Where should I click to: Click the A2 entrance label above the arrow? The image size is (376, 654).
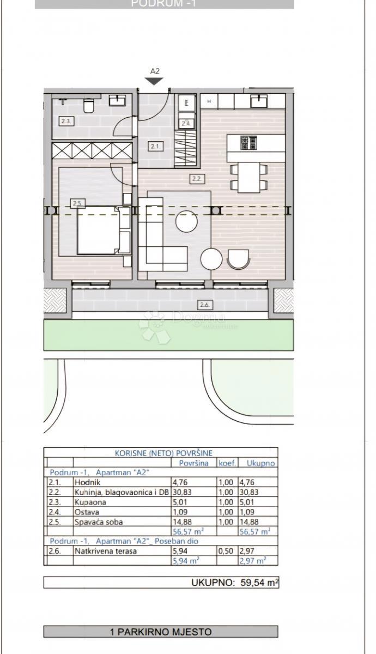click(155, 71)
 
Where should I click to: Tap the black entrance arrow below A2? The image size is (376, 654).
click(155, 81)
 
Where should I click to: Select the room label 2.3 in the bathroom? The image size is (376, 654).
click(65, 122)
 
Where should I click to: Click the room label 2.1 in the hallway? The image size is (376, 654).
click(154, 146)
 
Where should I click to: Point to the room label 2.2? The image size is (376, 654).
click(196, 178)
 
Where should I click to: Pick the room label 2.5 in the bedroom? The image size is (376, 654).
click(77, 203)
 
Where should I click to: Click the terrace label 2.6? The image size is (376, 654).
click(205, 305)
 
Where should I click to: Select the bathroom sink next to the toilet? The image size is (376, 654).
click(118, 100)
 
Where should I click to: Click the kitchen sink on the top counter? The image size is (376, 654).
click(259, 100)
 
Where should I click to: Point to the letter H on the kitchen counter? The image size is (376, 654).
click(209, 101)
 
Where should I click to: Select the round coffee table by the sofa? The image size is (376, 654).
click(186, 221)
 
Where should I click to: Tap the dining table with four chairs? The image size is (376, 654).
click(249, 177)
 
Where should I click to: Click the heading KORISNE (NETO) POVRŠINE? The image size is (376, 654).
click(163, 452)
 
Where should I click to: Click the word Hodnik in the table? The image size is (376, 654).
click(88, 482)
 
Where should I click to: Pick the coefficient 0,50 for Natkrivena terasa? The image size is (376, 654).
click(226, 551)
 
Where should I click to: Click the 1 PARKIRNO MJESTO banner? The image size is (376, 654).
click(161, 632)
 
